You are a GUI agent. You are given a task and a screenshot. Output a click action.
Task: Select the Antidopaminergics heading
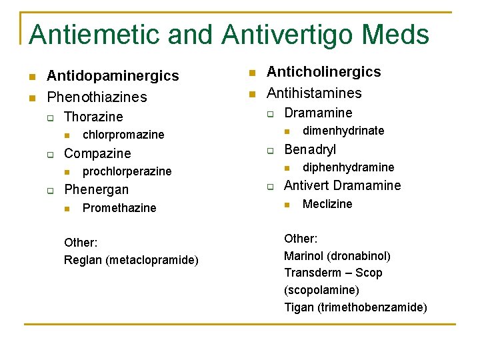(113, 76)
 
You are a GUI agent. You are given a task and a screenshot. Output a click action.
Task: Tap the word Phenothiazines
(97, 97)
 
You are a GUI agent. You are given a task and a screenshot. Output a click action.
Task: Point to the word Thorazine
(93, 117)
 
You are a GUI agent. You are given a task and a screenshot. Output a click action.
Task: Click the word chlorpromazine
(123, 135)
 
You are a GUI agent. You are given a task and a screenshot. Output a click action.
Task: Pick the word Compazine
(97, 153)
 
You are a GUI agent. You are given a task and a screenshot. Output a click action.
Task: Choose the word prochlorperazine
(127, 171)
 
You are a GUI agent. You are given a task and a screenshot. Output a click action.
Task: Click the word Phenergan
(96, 189)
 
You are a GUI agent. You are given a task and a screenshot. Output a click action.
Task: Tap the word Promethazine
(119, 208)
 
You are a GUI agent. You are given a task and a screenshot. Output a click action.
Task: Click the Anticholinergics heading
(324, 72)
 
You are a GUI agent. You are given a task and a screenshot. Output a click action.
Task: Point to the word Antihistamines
(314, 93)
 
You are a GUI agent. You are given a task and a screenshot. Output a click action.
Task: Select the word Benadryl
(310, 149)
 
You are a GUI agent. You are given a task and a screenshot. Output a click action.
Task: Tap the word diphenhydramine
(349, 167)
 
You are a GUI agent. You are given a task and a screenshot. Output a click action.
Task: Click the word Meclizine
(327, 204)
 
